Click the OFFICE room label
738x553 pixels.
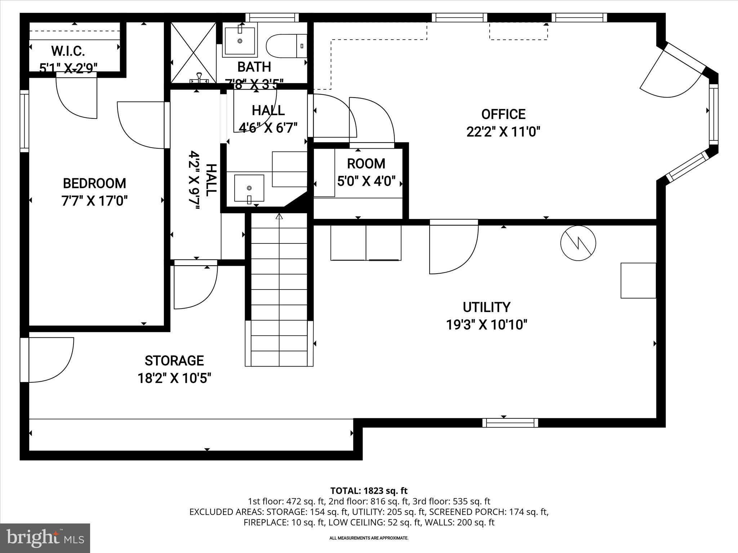pos(503,114)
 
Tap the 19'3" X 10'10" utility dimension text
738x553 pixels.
pos(486,325)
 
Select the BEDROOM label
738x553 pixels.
pos(94,183)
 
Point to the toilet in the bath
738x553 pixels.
pos(285,46)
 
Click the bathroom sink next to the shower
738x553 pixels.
pos(240,40)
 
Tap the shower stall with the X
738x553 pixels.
pos(193,53)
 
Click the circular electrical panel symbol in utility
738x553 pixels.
pos(578,243)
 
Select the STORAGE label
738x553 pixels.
pos(174,360)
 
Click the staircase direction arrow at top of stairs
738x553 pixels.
pos(279,217)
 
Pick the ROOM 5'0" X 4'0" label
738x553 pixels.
pos(366,172)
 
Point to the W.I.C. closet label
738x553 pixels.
pos(68,51)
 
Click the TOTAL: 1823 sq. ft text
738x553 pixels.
pos(369,491)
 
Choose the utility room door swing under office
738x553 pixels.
pos(453,248)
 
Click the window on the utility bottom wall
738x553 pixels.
pos(510,423)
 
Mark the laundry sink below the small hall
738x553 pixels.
pos(249,188)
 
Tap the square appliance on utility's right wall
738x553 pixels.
pos(638,280)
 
